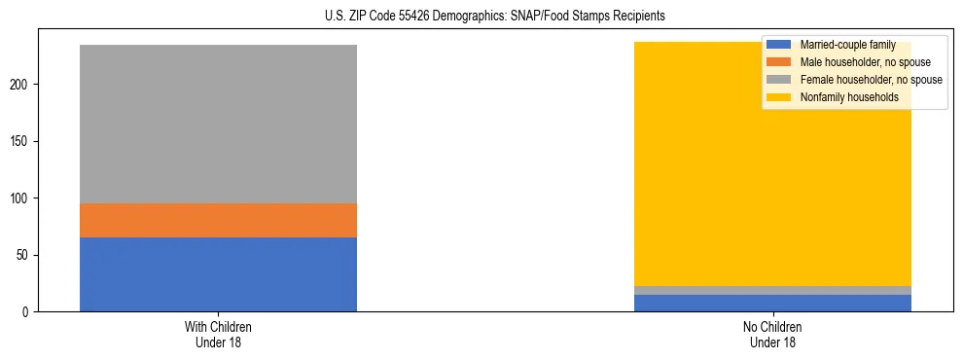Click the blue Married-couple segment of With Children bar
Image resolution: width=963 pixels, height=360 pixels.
[x=218, y=274]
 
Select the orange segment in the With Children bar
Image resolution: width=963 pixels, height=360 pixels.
[x=218, y=221]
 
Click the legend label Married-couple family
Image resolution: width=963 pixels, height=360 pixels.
[x=847, y=45]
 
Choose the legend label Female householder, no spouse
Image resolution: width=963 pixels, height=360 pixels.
[x=871, y=80]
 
